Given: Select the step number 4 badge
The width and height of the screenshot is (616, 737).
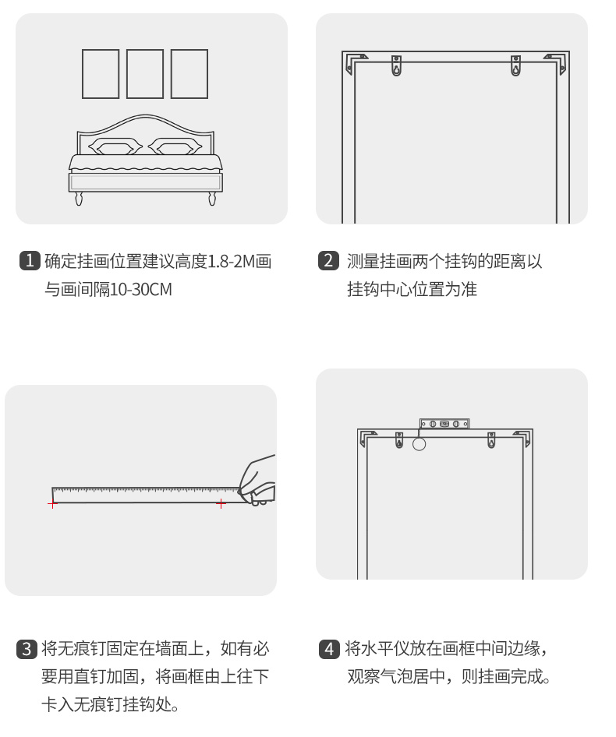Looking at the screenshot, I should (329, 648).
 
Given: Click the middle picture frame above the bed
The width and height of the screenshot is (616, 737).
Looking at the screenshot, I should (145, 74).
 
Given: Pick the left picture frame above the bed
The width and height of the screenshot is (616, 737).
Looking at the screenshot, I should (101, 74).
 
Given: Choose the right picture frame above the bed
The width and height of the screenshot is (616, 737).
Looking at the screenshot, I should (189, 74).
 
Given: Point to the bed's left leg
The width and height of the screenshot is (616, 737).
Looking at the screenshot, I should (79, 199).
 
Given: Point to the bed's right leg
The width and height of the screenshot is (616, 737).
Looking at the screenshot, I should (212, 199).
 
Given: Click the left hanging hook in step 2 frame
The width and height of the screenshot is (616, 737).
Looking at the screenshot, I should (396, 65).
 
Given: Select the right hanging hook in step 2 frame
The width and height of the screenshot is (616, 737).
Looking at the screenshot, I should (515, 65).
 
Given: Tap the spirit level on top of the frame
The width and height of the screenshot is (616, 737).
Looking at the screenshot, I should (444, 424).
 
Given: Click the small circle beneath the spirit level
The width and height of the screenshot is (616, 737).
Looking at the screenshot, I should (420, 445).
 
